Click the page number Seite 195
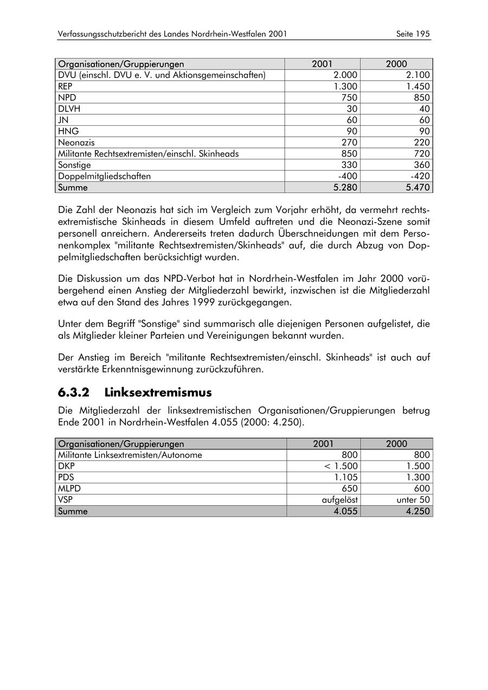point(413,34)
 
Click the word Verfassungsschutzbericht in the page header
point(106,34)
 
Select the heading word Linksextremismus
point(158,392)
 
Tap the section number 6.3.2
point(73,392)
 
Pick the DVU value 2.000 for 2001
point(345,75)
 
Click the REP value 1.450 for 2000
point(418,87)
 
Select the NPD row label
point(67,98)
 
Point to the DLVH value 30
point(352,109)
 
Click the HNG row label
point(68,132)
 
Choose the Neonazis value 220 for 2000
point(421,143)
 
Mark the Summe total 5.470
point(418,188)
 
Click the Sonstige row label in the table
point(74,165)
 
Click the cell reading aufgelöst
point(339,500)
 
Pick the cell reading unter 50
point(413,500)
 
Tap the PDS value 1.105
point(345,478)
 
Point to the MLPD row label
point(69,489)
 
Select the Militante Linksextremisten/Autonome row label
point(130,455)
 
